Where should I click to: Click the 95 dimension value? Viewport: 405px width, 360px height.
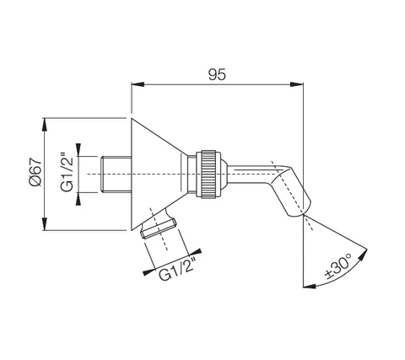pyautogui.click(x=217, y=75)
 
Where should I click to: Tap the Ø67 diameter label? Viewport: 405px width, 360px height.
pyautogui.click(x=35, y=172)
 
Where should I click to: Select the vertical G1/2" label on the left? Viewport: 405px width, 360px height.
pyautogui.click(x=67, y=172)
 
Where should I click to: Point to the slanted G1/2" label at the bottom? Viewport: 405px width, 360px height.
pyautogui.click(x=177, y=269)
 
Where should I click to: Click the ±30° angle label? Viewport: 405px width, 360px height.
pyautogui.click(x=339, y=266)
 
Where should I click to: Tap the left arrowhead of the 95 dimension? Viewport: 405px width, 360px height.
pyautogui.click(x=138, y=84)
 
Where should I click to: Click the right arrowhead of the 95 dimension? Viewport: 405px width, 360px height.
pyautogui.click(x=297, y=84)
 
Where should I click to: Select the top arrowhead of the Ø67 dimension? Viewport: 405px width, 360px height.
pyautogui.click(x=45, y=125)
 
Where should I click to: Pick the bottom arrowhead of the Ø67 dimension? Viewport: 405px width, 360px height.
pyautogui.click(x=45, y=223)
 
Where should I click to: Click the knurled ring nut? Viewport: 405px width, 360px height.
pyautogui.click(x=208, y=175)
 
